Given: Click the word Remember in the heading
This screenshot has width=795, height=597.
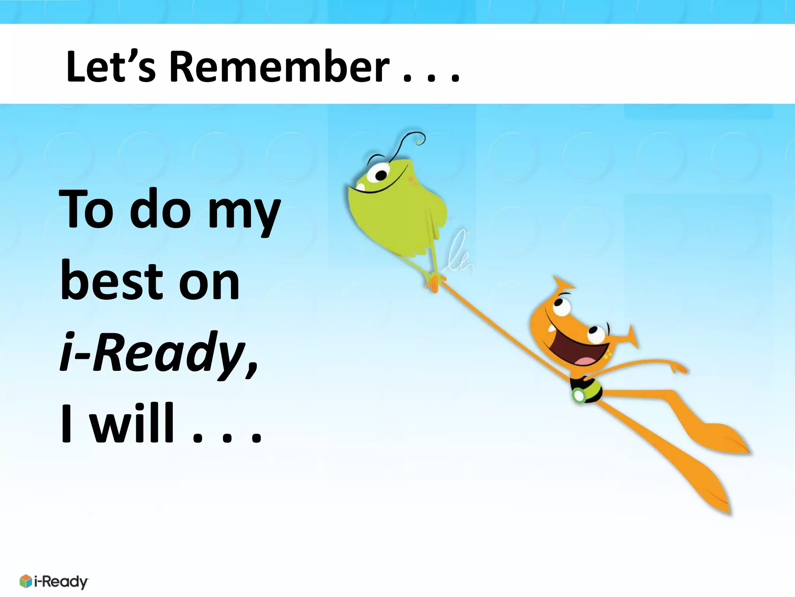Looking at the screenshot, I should [279, 67].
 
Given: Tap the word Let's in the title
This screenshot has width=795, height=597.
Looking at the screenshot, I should [111, 67].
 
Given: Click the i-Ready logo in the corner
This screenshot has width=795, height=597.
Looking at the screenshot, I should [54, 581].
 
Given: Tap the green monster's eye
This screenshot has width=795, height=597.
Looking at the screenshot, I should [378, 173].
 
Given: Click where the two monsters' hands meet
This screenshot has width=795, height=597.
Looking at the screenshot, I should [435, 282].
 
